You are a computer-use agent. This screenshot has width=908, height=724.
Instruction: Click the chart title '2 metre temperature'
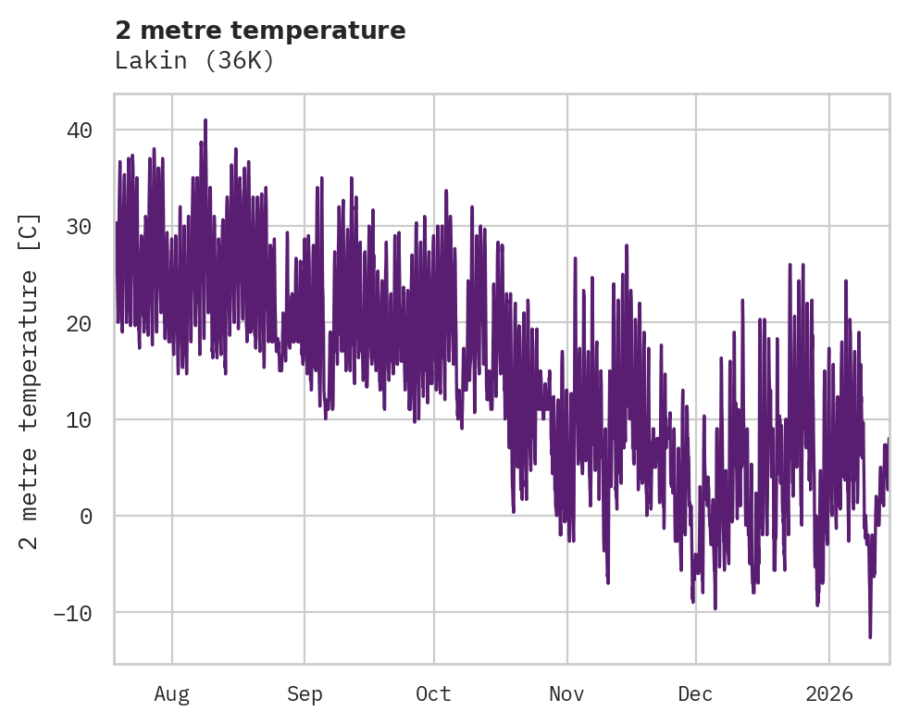pos(260,31)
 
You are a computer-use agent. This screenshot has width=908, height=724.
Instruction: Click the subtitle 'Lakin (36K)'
pos(194,61)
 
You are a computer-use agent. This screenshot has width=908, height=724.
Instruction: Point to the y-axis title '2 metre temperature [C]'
pos(30,381)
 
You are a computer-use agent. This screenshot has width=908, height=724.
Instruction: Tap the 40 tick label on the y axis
pos(80,131)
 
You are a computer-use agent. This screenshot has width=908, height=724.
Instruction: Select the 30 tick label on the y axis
pos(80,227)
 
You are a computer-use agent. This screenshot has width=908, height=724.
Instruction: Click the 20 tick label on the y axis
pos(80,323)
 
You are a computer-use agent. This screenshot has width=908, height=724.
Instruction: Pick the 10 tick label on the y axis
pos(80,419)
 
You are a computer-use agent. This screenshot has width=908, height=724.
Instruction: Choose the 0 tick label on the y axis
pos(86,517)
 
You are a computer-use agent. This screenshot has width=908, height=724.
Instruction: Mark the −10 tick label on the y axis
pos(73,613)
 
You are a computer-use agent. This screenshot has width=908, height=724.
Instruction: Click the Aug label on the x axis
pos(171,693)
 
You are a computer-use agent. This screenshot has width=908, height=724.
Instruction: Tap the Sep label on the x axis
pos(305,693)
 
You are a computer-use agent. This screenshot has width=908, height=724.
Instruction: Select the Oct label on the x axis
pos(433,693)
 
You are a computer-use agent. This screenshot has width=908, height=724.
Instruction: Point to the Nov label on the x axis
pos(566,693)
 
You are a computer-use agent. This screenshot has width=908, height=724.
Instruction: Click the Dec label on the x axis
pos(695,693)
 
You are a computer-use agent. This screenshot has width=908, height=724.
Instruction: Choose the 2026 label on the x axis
pos(829,693)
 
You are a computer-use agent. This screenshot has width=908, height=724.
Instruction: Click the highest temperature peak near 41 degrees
pos(205,120)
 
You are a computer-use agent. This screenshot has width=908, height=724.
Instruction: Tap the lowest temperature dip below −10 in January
pos(870,636)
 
